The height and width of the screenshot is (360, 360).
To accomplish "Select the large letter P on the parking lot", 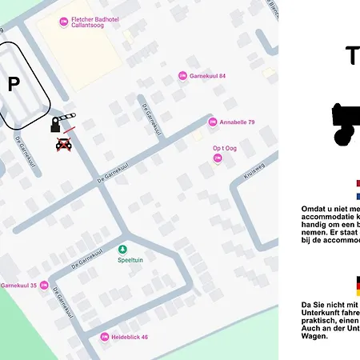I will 14,85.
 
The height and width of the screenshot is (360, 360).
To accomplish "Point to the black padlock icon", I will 55,125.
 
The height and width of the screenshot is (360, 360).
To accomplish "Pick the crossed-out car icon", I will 63,144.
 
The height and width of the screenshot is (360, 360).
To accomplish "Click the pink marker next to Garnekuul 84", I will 182,76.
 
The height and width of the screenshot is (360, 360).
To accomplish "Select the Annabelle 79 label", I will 238,122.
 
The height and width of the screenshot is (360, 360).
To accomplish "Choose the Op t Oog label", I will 224,148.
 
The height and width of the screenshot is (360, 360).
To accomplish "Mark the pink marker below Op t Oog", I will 217,158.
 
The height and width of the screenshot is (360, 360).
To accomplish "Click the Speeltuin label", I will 130,260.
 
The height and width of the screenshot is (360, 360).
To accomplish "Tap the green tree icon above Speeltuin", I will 122,249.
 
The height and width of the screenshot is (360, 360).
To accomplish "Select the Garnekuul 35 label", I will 18,285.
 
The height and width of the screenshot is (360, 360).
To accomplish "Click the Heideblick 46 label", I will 130,337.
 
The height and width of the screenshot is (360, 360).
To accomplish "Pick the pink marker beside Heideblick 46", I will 104,337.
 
